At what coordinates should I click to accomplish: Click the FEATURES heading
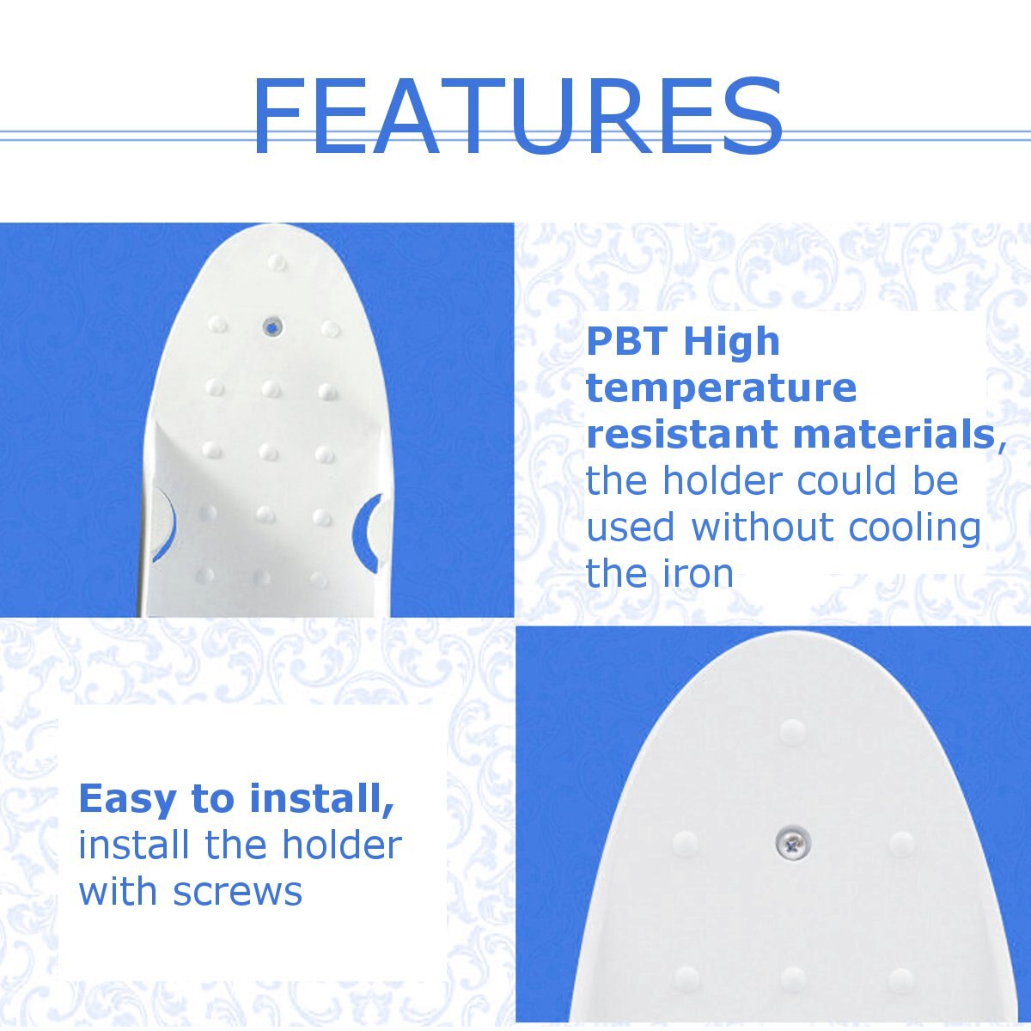point(517,116)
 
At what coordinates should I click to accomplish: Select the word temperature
point(721,390)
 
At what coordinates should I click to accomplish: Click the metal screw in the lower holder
point(792,845)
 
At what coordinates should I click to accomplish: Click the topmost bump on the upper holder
point(278,261)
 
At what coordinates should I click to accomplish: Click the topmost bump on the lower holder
point(792,731)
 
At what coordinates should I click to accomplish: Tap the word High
point(731,343)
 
